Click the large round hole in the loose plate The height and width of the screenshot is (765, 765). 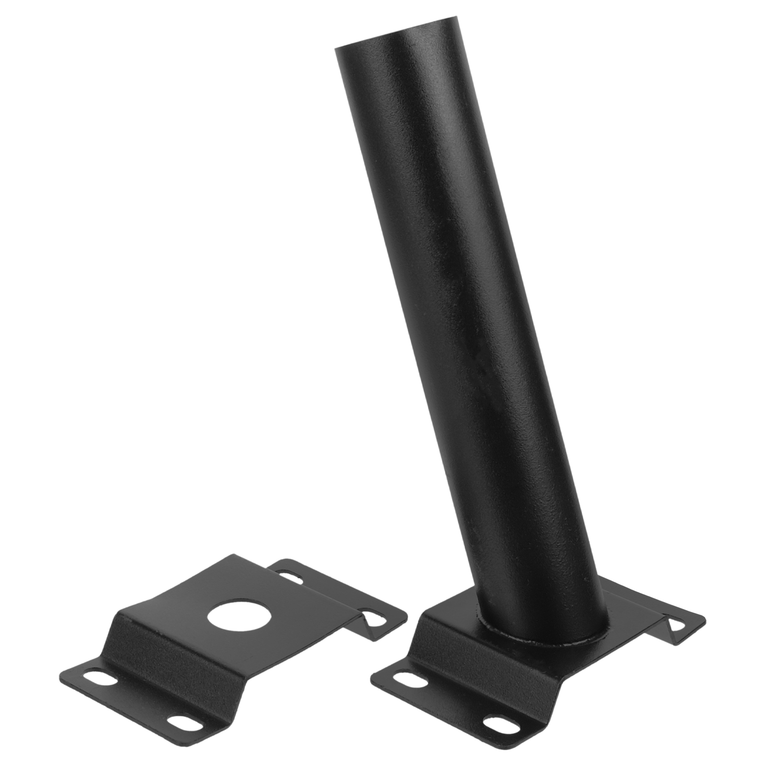click(x=232, y=615)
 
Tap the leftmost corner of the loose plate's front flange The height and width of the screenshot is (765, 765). click(x=59, y=679)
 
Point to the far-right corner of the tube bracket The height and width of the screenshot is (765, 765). click(x=705, y=622)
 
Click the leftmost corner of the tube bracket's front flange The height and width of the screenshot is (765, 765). click(x=372, y=678)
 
